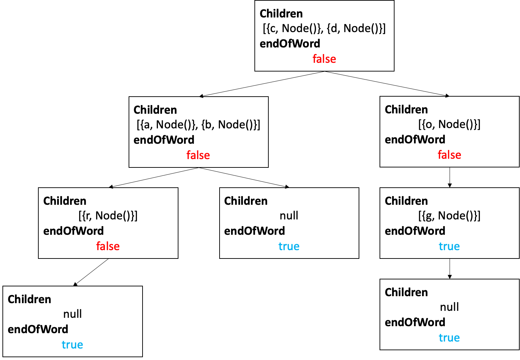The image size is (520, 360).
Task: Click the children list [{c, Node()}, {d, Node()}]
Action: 324,28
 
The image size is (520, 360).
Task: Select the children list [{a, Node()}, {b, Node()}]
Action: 198,125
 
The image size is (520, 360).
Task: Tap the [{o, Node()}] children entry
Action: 449,124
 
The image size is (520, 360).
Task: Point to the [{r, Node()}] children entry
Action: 108,216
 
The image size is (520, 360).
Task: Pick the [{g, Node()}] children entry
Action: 449,216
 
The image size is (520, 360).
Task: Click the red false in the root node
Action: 324,59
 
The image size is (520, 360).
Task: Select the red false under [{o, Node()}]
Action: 449,155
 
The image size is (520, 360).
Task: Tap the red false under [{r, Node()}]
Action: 108,246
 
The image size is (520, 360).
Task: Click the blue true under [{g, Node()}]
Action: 449,246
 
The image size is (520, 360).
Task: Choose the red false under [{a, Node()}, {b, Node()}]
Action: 198,155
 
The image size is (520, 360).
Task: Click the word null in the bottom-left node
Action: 72,314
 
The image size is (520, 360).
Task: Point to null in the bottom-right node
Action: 449,307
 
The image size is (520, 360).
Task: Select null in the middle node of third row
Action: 289,216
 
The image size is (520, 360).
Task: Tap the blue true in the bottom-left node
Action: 72,345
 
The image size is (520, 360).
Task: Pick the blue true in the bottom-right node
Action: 449,338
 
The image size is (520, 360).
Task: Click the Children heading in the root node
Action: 281,14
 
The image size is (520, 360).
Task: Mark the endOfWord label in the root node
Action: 290,44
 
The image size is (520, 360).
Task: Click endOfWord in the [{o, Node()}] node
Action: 415,140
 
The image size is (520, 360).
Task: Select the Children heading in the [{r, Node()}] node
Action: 65,201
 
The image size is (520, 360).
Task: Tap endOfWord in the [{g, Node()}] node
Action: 415,231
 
